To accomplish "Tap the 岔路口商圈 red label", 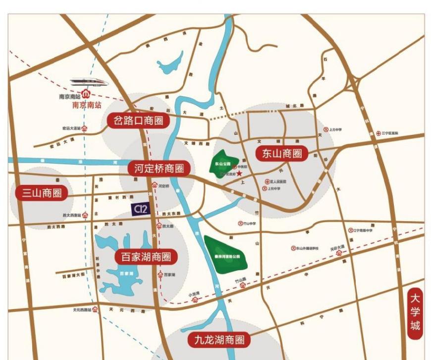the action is click(138, 120).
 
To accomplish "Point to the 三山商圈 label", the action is click(41, 193).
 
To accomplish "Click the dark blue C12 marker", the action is click(140, 209).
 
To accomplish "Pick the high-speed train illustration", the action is click(89, 81).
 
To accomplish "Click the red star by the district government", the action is click(239, 174).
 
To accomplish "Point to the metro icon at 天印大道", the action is click(339, 253).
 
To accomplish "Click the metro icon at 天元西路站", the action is click(96, 309).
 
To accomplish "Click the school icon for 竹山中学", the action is click(241, 224).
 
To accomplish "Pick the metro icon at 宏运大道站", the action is click(85, 128).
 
